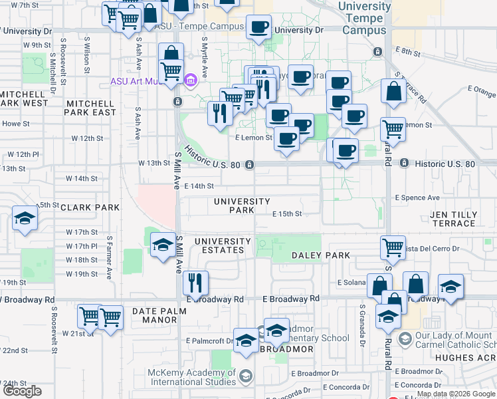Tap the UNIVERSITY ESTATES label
(223, 245)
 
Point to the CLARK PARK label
(90, 207)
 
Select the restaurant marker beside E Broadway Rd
(195, 282)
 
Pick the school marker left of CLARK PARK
(25, 219)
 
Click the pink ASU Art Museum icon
(190, 81)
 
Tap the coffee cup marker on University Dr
(258, 27)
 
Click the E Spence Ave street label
(417, 198)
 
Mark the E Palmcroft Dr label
(209, 341)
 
